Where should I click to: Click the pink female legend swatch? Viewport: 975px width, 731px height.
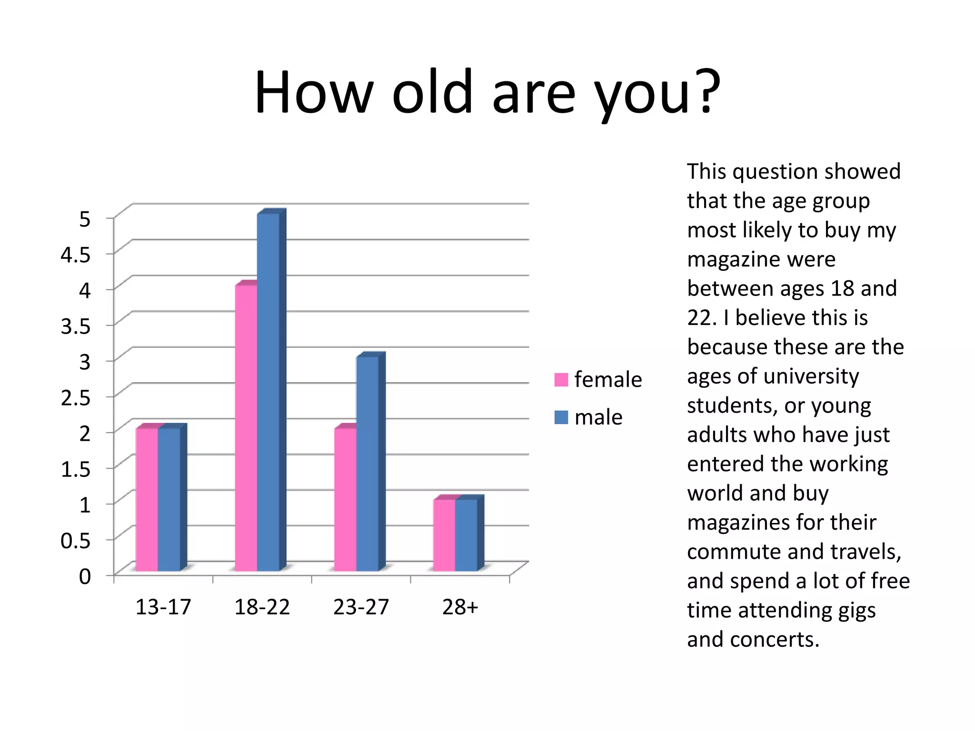tap(561, 380)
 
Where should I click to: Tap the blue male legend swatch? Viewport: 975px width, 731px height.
tap(561, 417)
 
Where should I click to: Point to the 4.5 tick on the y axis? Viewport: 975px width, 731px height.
tap(75, 255)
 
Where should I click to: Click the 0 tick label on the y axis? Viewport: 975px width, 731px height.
tap(85, 576)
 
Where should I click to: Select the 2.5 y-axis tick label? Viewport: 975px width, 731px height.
tap(75, 397)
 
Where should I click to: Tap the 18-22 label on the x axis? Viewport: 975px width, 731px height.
tap(262, 607)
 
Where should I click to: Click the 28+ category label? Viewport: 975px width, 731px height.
tap(460, 607)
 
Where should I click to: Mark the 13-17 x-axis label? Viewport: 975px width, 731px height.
tap(163, 607)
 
